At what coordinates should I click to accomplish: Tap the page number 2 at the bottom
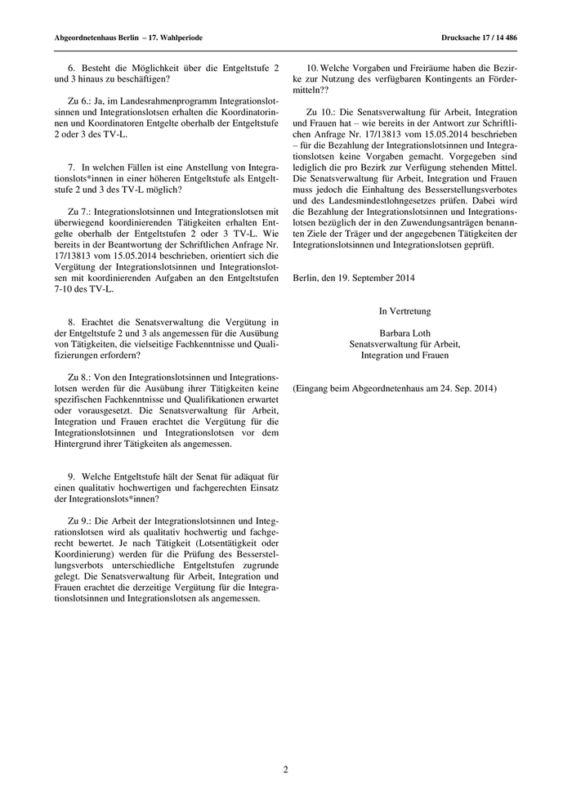[286, 769]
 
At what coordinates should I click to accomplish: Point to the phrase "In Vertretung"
[404, 311]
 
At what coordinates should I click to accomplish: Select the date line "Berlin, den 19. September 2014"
[353, 277]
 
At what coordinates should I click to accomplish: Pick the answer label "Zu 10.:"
[321, 110]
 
